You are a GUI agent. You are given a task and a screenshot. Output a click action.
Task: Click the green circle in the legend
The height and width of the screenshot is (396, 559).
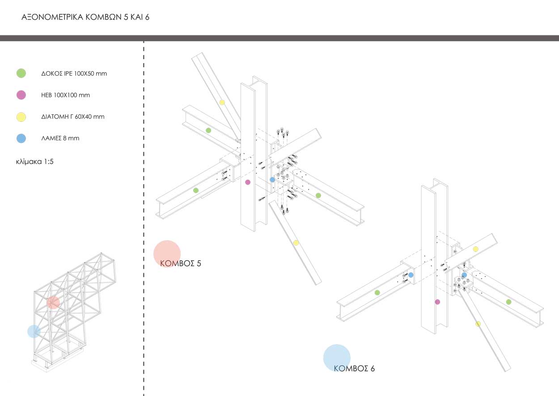(x=21, y=73)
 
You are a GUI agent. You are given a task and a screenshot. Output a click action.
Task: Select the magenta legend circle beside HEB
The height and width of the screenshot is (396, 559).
(x=21, y=95)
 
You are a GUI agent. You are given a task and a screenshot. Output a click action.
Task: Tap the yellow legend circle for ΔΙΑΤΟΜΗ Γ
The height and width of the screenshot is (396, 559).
(x=21, y=117)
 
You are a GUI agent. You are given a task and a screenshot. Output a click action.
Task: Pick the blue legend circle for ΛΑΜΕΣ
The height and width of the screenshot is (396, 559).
(x=21, y=138)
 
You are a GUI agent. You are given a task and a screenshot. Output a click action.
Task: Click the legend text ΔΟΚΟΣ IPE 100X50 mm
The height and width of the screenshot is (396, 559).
(x=74, y=73)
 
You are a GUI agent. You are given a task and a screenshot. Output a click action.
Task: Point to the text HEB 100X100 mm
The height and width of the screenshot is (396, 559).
(x=65, y=95)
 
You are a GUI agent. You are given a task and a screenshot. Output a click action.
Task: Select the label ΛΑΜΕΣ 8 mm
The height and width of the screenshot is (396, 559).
(x=60, y=138)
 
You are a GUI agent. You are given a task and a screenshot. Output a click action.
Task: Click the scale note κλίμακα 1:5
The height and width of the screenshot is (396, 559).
(x=34, y=162)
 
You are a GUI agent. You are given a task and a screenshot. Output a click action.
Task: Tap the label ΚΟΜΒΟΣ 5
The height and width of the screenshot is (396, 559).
(x=181, y=263)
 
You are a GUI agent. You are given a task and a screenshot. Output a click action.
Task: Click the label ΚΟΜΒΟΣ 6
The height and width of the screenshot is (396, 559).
(x=354, y=369)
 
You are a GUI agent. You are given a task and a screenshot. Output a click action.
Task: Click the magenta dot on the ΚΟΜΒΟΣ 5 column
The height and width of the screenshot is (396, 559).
(x=248, y=182)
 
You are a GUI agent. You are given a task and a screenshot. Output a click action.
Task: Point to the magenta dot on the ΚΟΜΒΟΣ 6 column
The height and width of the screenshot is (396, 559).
(x=437, y=302)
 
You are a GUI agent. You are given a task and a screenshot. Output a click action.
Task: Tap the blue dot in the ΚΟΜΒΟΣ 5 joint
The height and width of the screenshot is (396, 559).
(x=272, y=180)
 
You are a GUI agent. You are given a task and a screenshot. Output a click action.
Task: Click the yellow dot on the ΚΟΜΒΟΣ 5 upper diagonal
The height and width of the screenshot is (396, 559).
(x=222, y=102)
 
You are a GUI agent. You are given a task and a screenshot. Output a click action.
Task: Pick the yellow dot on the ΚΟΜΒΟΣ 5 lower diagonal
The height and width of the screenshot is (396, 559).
(x=296, y=243)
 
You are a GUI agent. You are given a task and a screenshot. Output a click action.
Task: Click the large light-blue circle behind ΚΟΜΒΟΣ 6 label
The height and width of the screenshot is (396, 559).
(x=337, y=357)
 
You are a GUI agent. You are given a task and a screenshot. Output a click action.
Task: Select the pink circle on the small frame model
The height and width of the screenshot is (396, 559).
(x=53, y=302)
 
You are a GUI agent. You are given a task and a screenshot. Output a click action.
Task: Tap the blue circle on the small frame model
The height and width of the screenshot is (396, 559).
(x=34, y=331)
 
